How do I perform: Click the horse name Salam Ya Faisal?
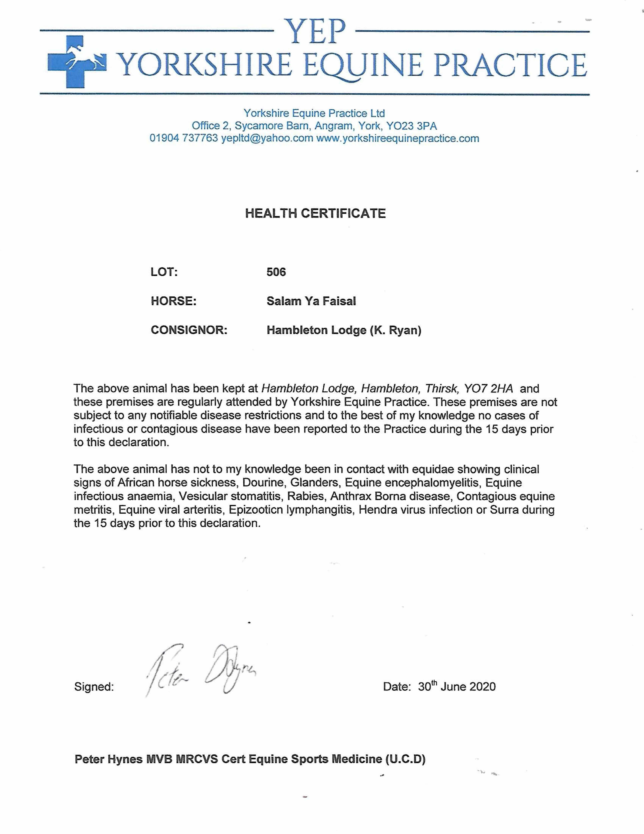[x=311, y=301]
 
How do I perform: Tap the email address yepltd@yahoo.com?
[x=267, y=138]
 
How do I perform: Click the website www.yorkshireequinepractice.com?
[x=397, y=138]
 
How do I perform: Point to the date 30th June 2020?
[x=457, y=687]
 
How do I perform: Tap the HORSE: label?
[x=174, y=301]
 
